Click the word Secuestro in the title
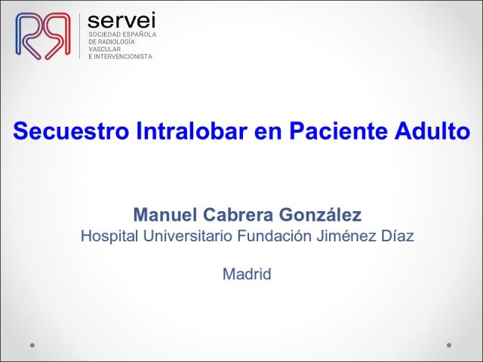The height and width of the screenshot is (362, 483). [70, 130]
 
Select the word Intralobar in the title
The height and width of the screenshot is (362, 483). [192, 130]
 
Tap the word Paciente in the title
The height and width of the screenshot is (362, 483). [338, 130]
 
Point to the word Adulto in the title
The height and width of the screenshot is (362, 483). [432, 130]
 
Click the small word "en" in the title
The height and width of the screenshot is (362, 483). [269, 133]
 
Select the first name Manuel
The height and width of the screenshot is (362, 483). [165, 214]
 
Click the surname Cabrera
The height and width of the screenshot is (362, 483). [238, 214]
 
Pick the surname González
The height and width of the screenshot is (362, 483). [320, 214]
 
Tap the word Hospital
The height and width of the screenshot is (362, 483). [109, 236]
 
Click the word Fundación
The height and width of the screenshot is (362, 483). [275, 236]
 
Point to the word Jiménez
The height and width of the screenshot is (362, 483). [346, 236]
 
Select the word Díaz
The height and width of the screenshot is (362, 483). [398, 236]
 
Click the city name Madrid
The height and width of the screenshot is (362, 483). [247, 274]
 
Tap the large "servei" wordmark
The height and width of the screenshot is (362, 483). [122, 20]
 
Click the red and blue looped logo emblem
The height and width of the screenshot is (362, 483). [43, 35]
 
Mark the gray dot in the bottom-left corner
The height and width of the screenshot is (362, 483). [32, 345]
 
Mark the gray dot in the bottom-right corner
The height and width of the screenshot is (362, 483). [449, 345]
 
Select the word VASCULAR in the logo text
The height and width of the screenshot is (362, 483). [105, 49]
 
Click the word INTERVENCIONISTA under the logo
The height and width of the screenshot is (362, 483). [123, 57]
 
